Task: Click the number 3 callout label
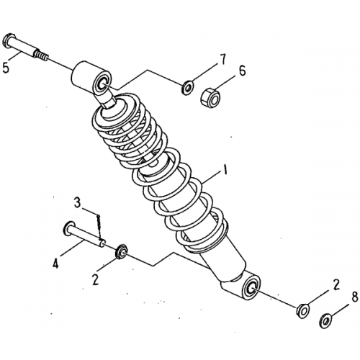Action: point(78,202)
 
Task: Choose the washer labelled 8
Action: point(326,318)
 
